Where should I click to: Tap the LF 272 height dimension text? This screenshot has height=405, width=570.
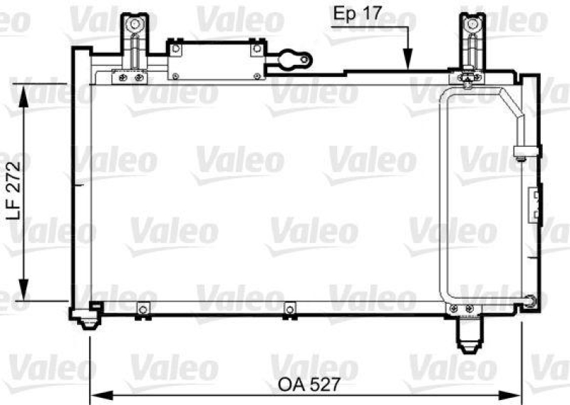click(16, 193)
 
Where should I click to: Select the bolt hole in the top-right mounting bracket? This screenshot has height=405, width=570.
click(470, 26)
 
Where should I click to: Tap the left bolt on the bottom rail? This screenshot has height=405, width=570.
click(142, 309)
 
